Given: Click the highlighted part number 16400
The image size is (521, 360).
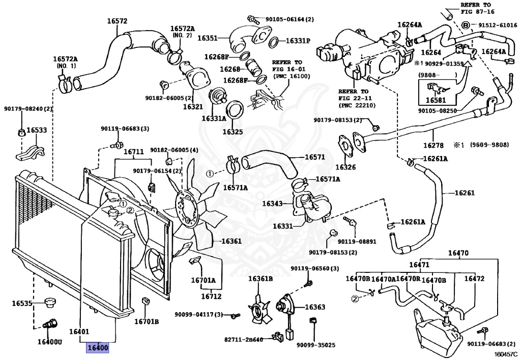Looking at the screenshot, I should pos(98,348).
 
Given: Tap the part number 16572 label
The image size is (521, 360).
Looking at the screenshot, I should pos(117,21).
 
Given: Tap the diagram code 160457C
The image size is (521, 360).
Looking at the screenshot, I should pos(505,354).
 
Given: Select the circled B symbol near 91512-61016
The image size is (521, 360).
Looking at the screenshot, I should pos(465,25).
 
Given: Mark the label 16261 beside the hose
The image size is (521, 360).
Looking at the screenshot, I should pos(464,193).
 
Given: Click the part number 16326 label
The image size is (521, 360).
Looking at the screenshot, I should pos(345,167).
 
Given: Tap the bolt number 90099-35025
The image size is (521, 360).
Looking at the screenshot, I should pos(316,345).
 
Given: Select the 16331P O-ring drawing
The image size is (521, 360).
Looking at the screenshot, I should pos(273,42).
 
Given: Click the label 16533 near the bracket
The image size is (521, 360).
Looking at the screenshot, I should pos(36,130).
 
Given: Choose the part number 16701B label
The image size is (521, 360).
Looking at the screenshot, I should pos(147,321).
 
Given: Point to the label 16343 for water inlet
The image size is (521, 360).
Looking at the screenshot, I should pos(272,203).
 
